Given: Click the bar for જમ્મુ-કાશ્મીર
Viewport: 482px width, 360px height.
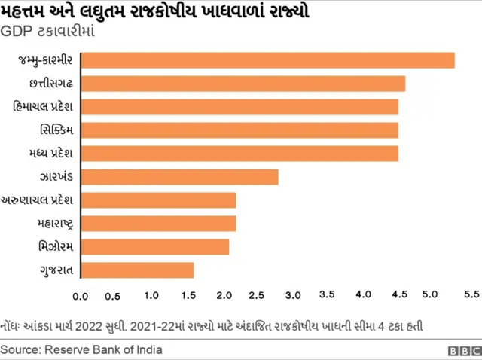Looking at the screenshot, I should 267,60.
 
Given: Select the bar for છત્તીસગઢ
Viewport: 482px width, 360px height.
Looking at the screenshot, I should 242,84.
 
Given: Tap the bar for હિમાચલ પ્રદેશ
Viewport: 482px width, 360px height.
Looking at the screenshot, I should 239,107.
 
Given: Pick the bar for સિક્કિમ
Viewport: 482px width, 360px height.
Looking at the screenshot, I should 239,130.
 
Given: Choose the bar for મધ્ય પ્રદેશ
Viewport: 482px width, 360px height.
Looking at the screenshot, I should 239,154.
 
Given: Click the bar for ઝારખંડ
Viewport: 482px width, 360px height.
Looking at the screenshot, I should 178,177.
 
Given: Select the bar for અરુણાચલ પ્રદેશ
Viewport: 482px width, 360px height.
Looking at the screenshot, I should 157,200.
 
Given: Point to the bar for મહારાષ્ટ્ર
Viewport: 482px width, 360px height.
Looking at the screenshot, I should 157,224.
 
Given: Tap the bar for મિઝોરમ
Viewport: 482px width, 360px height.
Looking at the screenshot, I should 154,246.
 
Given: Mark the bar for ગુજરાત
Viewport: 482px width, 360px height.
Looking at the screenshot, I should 136,270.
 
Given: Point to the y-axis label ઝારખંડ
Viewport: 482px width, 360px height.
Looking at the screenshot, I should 55,177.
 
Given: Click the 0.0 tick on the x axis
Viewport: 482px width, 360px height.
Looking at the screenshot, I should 80,296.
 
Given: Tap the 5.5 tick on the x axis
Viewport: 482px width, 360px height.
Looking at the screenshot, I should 471,293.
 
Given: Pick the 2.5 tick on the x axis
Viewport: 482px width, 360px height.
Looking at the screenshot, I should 258,295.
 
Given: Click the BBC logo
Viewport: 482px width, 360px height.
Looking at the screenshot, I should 464,351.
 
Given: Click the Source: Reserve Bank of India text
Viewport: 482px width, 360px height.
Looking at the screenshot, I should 81,350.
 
